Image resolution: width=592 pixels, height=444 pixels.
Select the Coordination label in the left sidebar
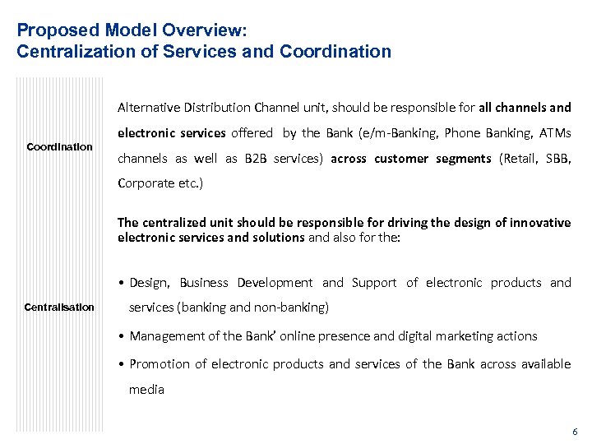pyautogui.click(x=60, y=147)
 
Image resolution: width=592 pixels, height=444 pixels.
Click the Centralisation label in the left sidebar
pyautogui.click(x=60, y=308)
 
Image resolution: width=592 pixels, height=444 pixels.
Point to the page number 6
pyautogui.click(x=575, y=431)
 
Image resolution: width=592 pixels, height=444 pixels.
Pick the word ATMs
pyautogui.click(x=553, y=133)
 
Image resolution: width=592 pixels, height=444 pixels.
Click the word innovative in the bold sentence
pyautogui.click(x=538, y=223)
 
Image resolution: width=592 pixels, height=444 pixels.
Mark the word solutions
pyautogui.click(x=279, y=238)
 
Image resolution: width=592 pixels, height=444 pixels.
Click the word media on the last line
pyautogui.click(x=146, y=390)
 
